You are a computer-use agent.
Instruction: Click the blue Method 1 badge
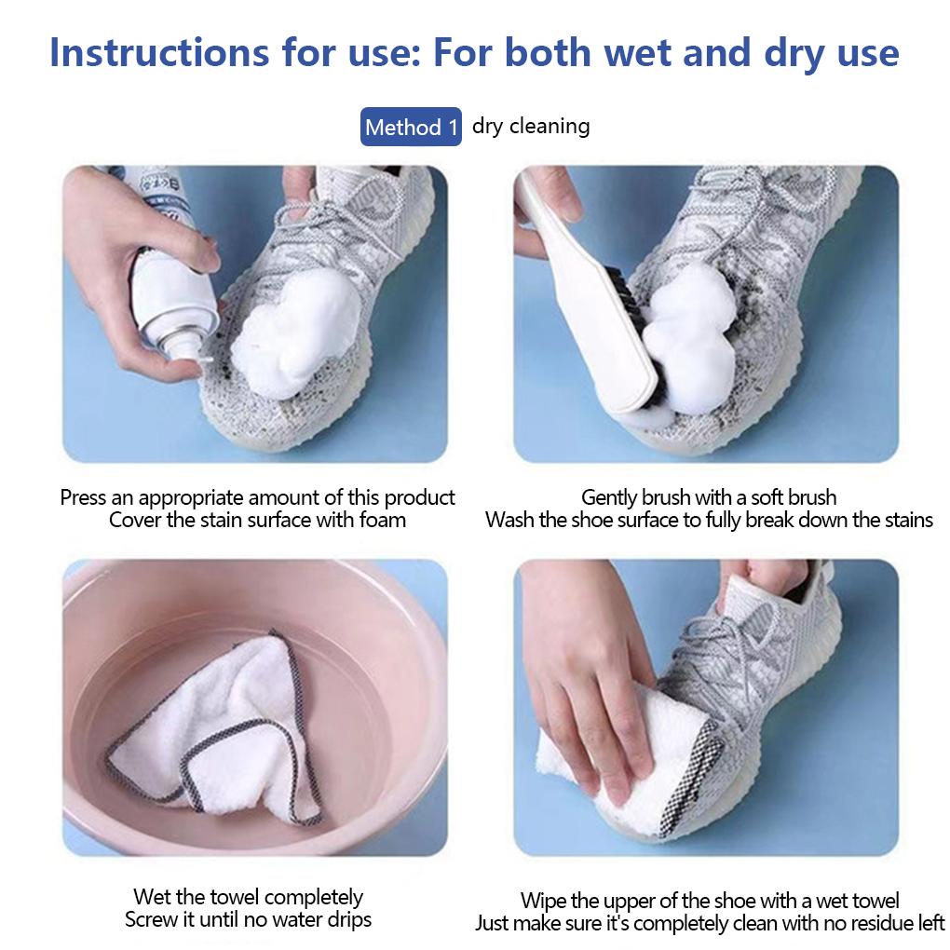(411, 127)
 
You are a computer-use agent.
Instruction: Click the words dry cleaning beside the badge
(531, 126)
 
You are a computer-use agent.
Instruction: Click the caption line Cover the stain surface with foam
(257, 520)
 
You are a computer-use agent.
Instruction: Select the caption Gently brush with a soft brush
(709, 497)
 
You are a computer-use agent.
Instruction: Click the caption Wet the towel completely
(248, 897)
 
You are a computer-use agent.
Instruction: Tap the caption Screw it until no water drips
(248, 920)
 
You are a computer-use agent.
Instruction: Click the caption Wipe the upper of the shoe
(709, 900)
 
